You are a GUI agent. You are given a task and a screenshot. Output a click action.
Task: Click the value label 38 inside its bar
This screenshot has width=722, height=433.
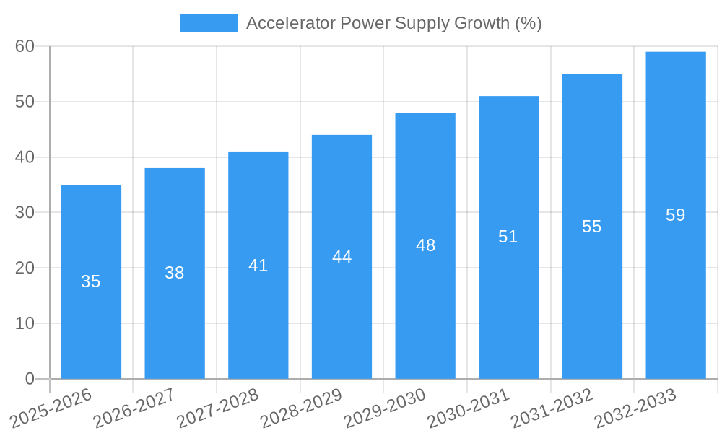click(175, 273)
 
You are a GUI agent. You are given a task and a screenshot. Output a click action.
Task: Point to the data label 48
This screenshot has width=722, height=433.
click(426, 245)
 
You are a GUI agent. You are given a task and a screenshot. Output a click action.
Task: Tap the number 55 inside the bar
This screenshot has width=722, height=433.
click(592, 227)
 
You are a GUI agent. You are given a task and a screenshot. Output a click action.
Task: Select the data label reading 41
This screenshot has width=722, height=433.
click(258, 266)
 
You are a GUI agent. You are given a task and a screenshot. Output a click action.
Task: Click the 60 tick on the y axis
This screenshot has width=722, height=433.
click(25, 46)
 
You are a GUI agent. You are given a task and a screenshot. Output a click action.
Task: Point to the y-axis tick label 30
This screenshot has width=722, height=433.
click(25, 212)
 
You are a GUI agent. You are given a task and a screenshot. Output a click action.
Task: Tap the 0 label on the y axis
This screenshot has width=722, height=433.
click(30, 379)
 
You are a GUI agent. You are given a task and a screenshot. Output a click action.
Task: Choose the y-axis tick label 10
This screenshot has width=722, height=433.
click(25, 323)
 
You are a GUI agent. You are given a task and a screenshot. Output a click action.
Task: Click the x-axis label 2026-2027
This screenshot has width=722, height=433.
click(134, 408)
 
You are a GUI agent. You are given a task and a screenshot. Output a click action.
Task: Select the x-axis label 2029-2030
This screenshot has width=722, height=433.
click(385, 408)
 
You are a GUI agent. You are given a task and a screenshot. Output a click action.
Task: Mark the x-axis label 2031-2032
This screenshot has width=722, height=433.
click(552, 408)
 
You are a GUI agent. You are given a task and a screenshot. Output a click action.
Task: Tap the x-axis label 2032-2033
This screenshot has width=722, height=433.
click(635, 408)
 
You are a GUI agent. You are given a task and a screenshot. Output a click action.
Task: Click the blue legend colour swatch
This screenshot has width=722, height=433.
click(208, 23)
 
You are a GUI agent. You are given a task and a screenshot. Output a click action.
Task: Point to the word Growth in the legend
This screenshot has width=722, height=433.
click(480, 23)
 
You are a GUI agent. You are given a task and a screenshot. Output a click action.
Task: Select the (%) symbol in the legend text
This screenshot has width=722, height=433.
click(529, 23)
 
